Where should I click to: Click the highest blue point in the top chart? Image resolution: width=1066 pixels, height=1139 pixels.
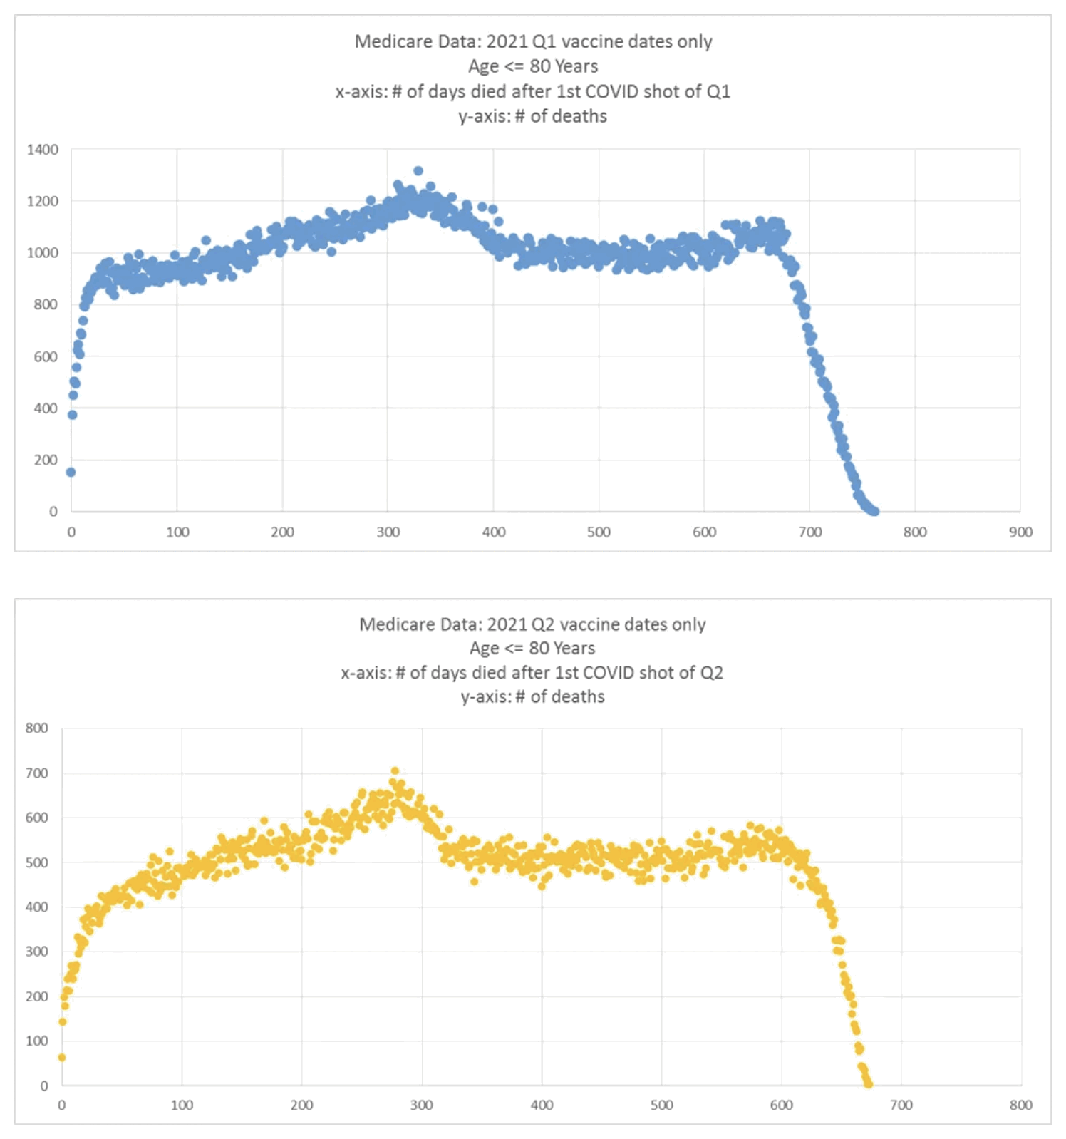[x=418, y=171]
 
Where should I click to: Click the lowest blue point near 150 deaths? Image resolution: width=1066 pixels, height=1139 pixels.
[x=71, y=472]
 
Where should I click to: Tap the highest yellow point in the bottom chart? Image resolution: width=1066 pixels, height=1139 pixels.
[x=395, y=771]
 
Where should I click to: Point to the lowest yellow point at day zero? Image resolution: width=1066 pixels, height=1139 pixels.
[x=62, y=1057]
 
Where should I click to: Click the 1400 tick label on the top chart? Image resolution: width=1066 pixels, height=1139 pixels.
[x=43, y=150]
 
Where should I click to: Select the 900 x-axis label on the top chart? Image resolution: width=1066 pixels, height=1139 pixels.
[x=1020, y=532]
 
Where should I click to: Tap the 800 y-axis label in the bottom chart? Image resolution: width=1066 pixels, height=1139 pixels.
[x=37, y=728]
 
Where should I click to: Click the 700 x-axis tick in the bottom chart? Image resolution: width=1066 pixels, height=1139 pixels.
[x=901, y=1105]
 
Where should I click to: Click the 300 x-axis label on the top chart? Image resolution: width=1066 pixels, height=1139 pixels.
[x=388, y=532]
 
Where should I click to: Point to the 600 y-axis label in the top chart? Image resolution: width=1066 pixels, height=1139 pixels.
[x=46, y=356]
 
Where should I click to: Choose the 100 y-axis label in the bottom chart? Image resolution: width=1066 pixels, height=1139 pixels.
[x=37, y=1041]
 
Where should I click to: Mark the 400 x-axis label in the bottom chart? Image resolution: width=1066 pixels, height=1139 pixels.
[x=542, y=1105]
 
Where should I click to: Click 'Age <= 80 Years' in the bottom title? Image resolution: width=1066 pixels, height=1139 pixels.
[x=532, y=649]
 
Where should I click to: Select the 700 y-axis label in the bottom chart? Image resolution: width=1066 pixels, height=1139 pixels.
[x=37, y=773]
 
